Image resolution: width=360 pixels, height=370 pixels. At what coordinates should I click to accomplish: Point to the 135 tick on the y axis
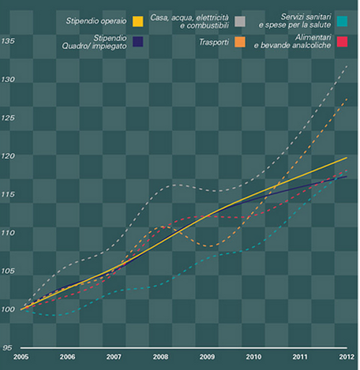click(9, 41)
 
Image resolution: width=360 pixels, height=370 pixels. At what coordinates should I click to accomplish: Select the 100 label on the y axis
click(9, 310)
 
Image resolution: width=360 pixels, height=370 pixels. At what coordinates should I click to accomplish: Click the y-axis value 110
click(9, 233)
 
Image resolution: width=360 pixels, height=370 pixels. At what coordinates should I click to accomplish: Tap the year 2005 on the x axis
click(20, 356)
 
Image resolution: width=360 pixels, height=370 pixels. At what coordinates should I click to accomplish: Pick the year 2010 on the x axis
click(253, 356)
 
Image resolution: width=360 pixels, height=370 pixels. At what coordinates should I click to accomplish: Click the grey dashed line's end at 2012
click(347, 66)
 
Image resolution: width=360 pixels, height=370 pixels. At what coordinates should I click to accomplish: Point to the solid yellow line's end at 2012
click(347, 158)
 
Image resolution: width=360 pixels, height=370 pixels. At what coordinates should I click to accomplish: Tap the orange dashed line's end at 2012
click(347, 99)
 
